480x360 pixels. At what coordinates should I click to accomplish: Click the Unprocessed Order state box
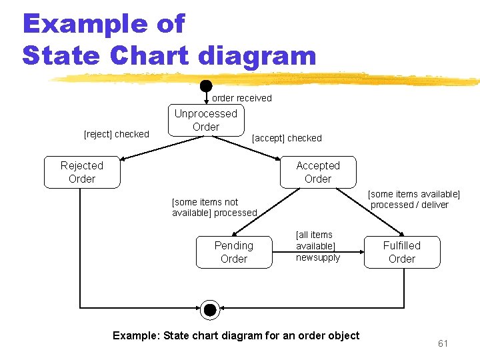point(206,120)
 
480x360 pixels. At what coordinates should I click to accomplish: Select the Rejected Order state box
point(82,172)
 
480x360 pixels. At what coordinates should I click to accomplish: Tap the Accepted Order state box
point(318,172)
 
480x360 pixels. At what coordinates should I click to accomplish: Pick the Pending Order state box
point(234,252)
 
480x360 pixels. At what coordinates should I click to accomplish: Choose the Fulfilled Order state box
point(402,252)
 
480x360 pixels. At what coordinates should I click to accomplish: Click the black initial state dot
point(206,85)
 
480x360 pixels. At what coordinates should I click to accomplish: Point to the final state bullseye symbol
point(210,309)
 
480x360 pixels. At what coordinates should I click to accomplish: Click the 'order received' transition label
point(242,98)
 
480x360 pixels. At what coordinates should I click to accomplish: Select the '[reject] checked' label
point(116,134)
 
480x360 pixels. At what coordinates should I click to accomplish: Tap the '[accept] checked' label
point(287,138)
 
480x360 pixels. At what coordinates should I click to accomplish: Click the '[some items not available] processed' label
point(214,207)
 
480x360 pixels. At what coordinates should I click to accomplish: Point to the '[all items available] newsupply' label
point(317,246)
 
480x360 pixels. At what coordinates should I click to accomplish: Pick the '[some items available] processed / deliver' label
point(414,199)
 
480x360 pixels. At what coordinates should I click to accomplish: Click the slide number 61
point(443,343)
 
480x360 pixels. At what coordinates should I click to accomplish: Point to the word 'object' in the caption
point(342,335)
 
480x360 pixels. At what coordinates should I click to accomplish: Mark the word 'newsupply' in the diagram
point(318,257)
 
